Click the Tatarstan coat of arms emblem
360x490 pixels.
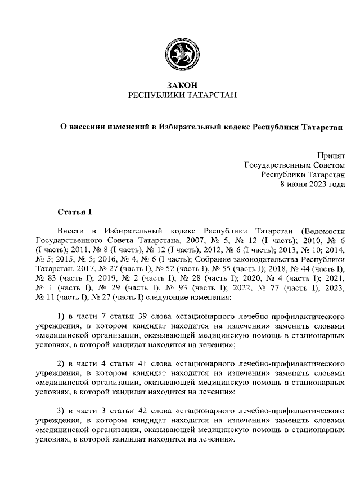coord(180,53)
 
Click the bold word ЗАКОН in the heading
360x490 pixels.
coord(180,85)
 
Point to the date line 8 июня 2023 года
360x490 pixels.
coord(312,183)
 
